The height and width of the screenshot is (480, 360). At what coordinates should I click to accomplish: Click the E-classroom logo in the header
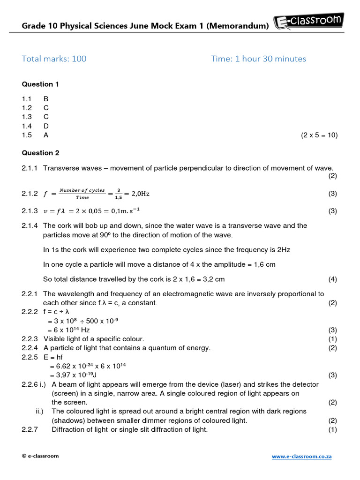(309, 22)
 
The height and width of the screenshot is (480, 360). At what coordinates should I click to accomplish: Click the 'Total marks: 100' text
(54, 59)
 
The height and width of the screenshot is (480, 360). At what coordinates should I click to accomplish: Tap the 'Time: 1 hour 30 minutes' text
(258, 59)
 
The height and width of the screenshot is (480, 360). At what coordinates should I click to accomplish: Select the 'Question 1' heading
(41, 84)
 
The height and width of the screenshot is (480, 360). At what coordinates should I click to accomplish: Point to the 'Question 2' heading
(41, 153)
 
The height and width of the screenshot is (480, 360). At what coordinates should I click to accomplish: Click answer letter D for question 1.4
(46, 126)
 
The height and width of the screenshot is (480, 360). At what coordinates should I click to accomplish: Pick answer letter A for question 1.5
(46, 135)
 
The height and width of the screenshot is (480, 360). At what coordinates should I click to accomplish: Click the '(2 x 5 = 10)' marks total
(319, 135)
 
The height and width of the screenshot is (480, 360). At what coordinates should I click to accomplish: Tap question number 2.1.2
(30, 194)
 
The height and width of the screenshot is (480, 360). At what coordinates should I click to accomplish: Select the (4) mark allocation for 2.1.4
(332, 279)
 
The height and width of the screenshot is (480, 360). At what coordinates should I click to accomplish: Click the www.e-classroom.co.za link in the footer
(302, 456)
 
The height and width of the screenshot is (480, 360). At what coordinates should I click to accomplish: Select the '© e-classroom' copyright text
(40, 456)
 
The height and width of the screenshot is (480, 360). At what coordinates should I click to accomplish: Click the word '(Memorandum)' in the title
(238, 26)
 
